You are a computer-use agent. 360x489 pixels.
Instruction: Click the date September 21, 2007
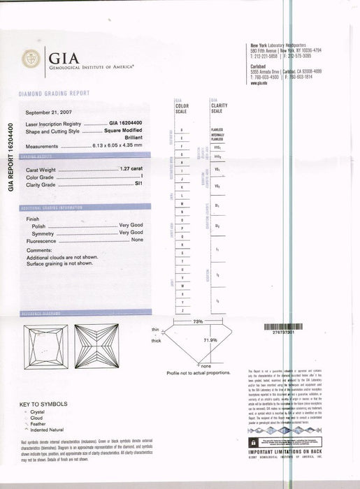coord(49,112)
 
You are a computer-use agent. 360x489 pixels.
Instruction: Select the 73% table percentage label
coord(198,321)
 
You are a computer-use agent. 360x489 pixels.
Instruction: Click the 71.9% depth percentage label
coord(210,340)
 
